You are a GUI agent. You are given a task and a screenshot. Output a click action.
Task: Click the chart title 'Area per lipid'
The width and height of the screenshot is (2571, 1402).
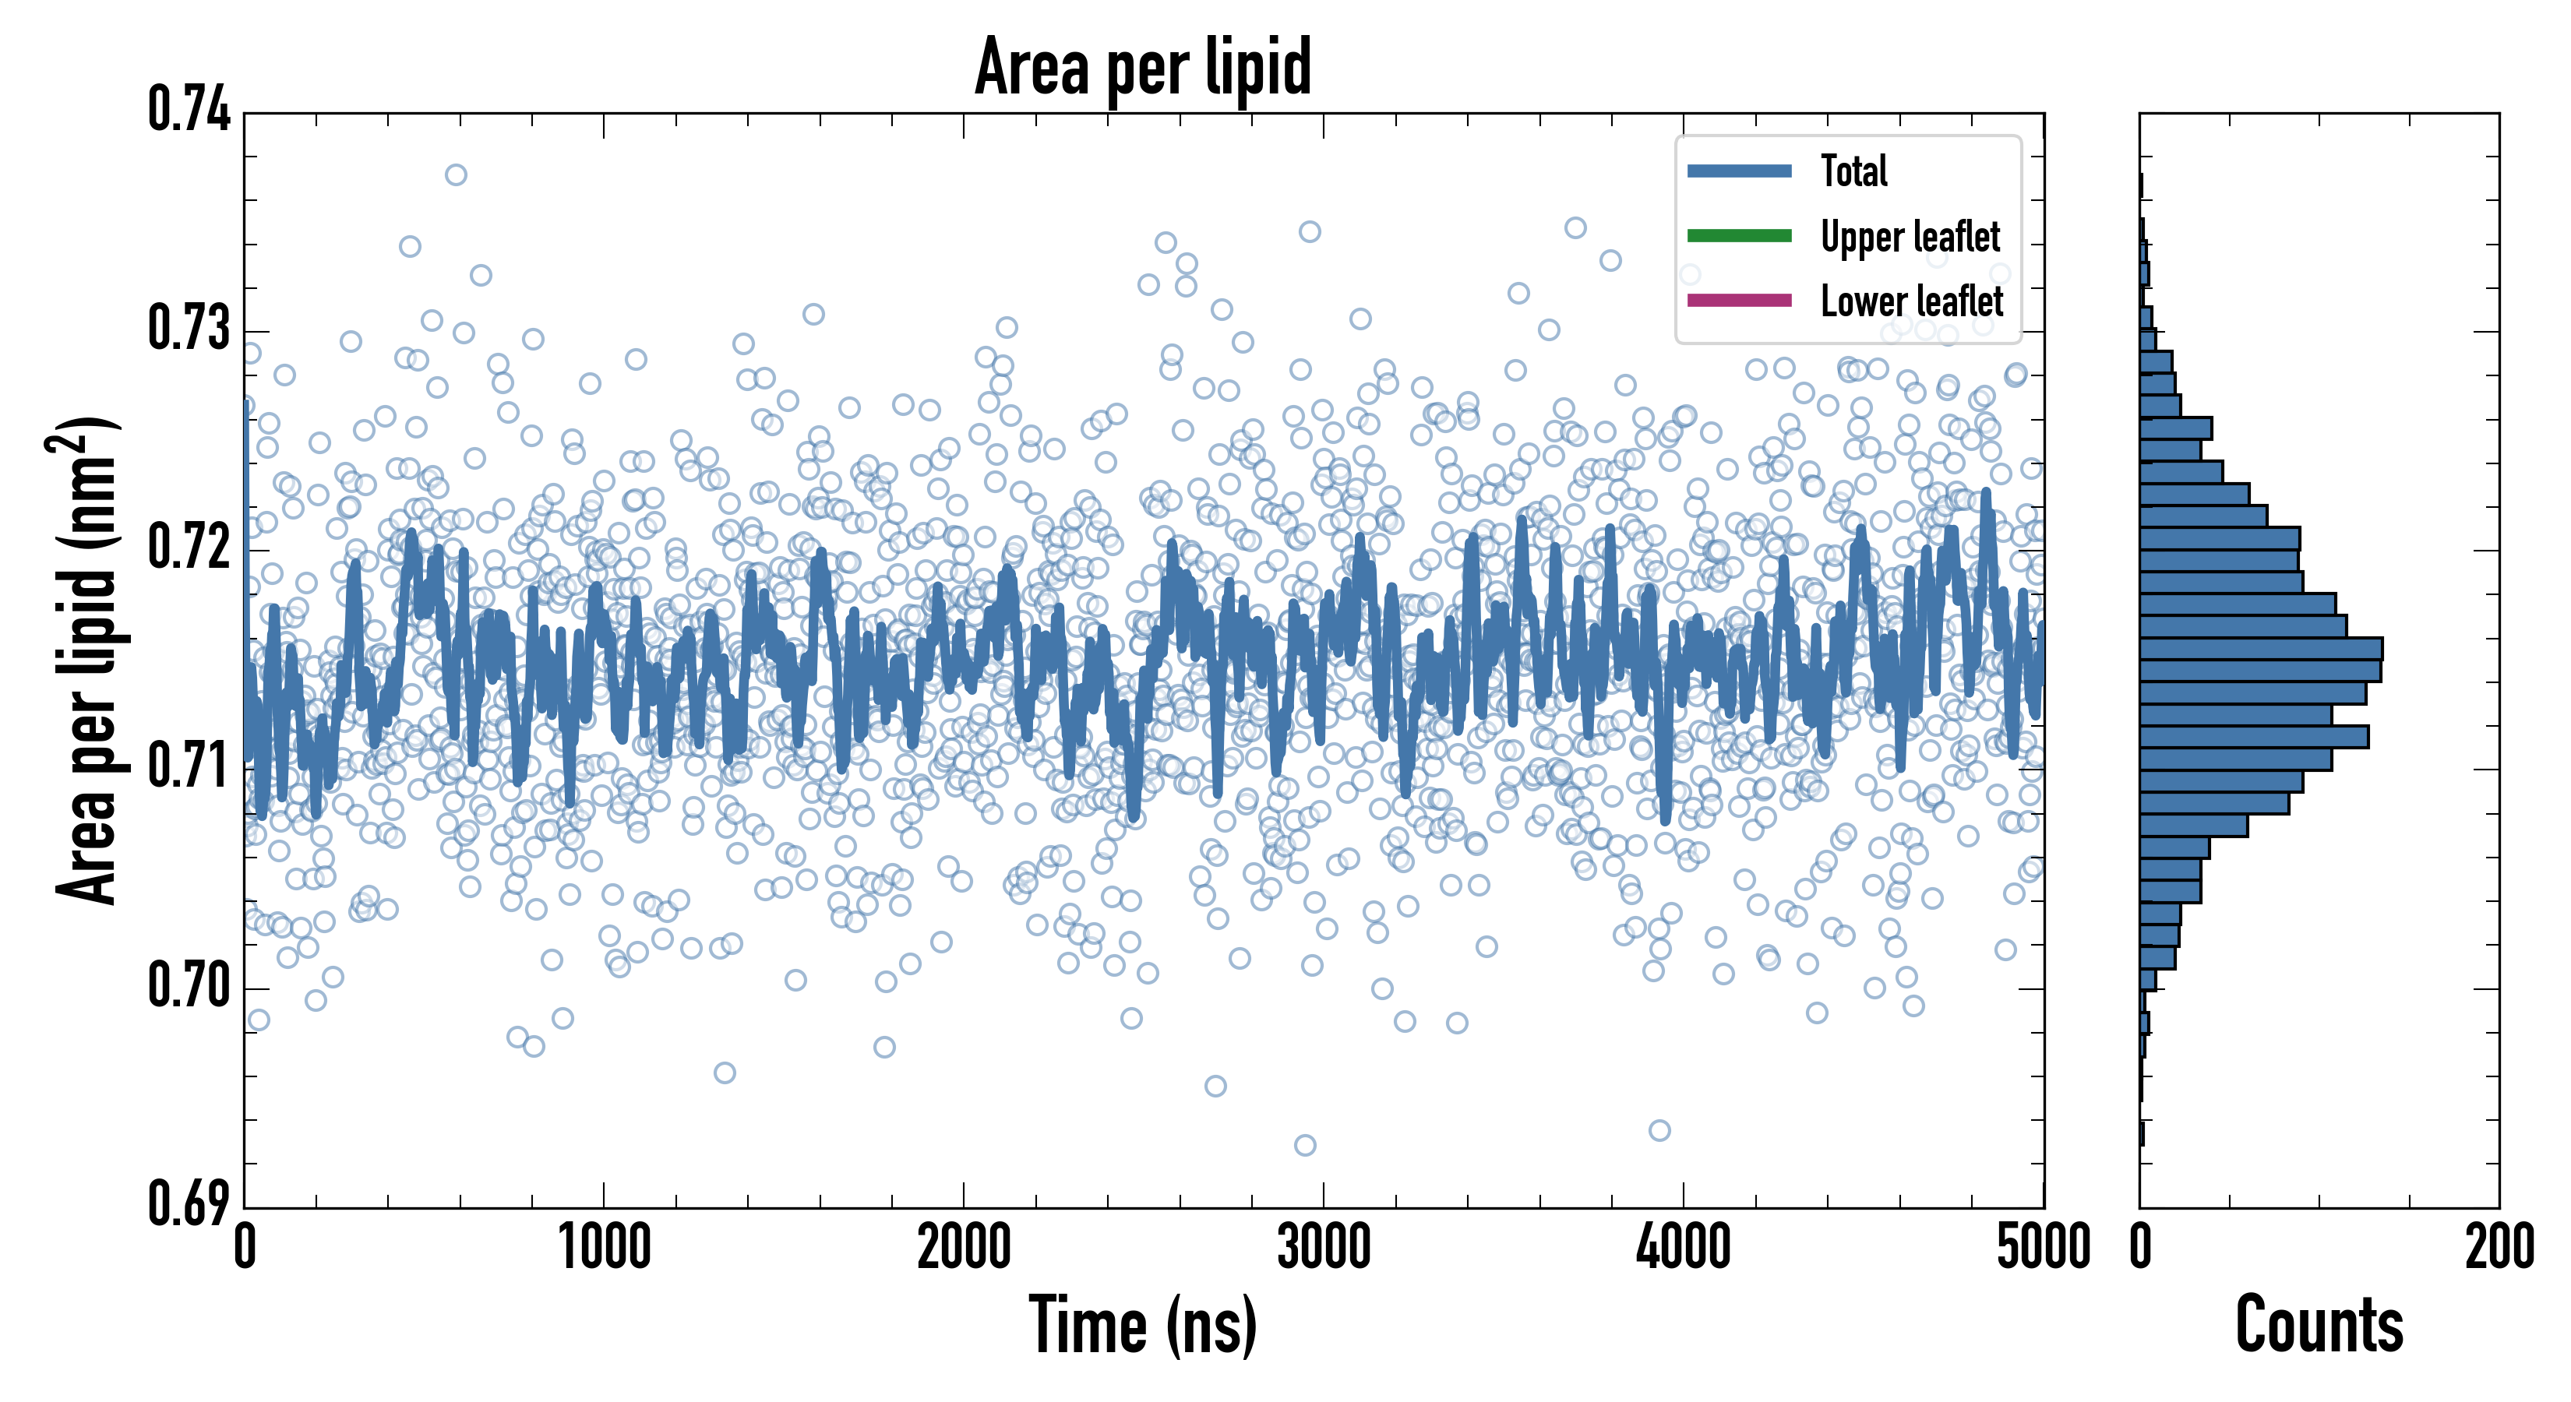point(1143,67)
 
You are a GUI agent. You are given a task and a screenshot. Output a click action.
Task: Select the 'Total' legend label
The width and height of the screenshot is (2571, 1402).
point(1853,171)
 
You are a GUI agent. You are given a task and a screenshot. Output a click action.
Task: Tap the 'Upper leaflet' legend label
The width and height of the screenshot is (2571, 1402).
point(1910,237)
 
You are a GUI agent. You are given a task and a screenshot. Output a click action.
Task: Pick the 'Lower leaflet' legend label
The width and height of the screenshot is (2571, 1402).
point(1911,301)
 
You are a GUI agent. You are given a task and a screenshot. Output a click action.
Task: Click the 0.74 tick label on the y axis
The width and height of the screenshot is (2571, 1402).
point(189,110)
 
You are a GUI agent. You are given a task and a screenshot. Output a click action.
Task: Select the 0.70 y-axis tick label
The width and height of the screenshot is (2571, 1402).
point(189,986)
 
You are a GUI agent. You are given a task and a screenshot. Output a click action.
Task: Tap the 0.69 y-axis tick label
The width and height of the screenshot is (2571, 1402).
point(189,1203)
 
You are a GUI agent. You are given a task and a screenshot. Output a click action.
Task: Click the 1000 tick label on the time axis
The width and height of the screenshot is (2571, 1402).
point(604,1247)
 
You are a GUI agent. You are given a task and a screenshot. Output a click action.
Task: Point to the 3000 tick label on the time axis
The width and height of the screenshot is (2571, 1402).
point(1324,1247)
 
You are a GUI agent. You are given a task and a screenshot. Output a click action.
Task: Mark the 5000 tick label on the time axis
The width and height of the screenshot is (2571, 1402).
point(2043,1247)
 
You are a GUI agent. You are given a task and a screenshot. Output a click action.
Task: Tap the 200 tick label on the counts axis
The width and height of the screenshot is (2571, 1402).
point(2498,1247)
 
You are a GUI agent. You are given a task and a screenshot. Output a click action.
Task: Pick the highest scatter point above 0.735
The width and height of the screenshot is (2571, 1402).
point(456,175)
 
